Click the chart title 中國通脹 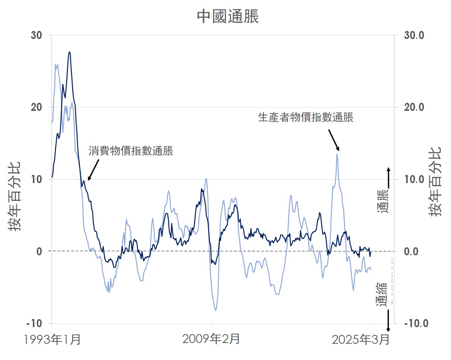pos(228,17)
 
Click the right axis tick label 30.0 pos(414,35)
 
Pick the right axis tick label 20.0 pos(414,107)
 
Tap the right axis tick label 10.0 pos(414,179)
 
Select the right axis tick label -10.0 pos(415,323)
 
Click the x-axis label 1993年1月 pos(52,340)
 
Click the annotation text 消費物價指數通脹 pos(131,151)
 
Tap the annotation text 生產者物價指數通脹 pos(306,117)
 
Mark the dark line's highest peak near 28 pos(70,52)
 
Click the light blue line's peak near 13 pos(337,154)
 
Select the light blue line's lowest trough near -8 pos(216,310)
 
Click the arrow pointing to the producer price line pos(334,140)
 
